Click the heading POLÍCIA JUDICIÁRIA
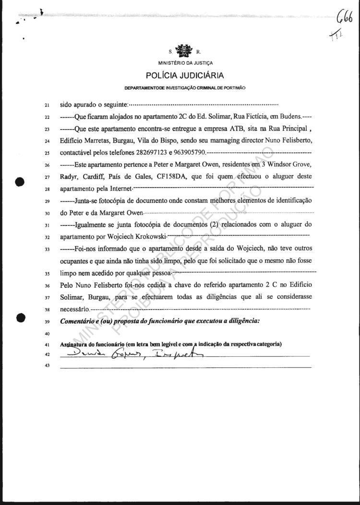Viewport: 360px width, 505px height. pos(185,75)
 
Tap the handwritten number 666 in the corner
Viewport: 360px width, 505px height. pos(344,20)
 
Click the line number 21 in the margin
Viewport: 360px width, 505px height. pos(47,104)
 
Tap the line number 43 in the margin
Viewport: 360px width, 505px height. pos(47,367)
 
